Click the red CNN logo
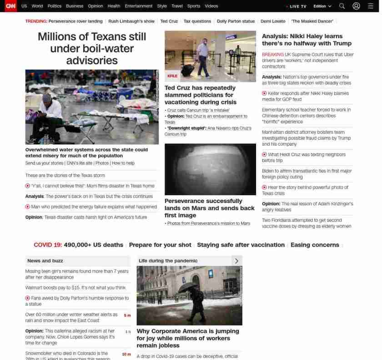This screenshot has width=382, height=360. [x=10, y=6]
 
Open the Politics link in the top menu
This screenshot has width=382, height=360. [x=54, y=6]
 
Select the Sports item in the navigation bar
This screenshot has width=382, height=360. [x=193, y=6]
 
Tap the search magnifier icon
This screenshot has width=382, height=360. [x=342, y=6]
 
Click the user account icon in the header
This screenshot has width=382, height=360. [x=356, y=6]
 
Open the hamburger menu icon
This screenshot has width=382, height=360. [x=370, y=6]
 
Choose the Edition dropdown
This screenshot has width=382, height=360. [x=322, y=6]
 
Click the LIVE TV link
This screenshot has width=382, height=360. [x=297, y=6]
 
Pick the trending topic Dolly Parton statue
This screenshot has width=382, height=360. [x=236, y=21]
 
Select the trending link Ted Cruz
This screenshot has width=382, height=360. [x=169, y=21]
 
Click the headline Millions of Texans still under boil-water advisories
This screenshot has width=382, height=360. [x=92, y=48]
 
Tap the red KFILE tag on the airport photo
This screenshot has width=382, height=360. [x=172, y=76]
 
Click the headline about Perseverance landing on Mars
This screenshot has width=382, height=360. [x=209, y=208]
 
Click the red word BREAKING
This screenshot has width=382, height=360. [x=272, y=55]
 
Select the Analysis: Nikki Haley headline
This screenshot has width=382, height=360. [x=307, y=40]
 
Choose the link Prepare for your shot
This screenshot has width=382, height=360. [x=160, y=245]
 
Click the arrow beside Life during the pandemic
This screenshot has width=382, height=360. [x=236, y=261]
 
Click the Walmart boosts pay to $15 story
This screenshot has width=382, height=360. [x=75, y=288]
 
